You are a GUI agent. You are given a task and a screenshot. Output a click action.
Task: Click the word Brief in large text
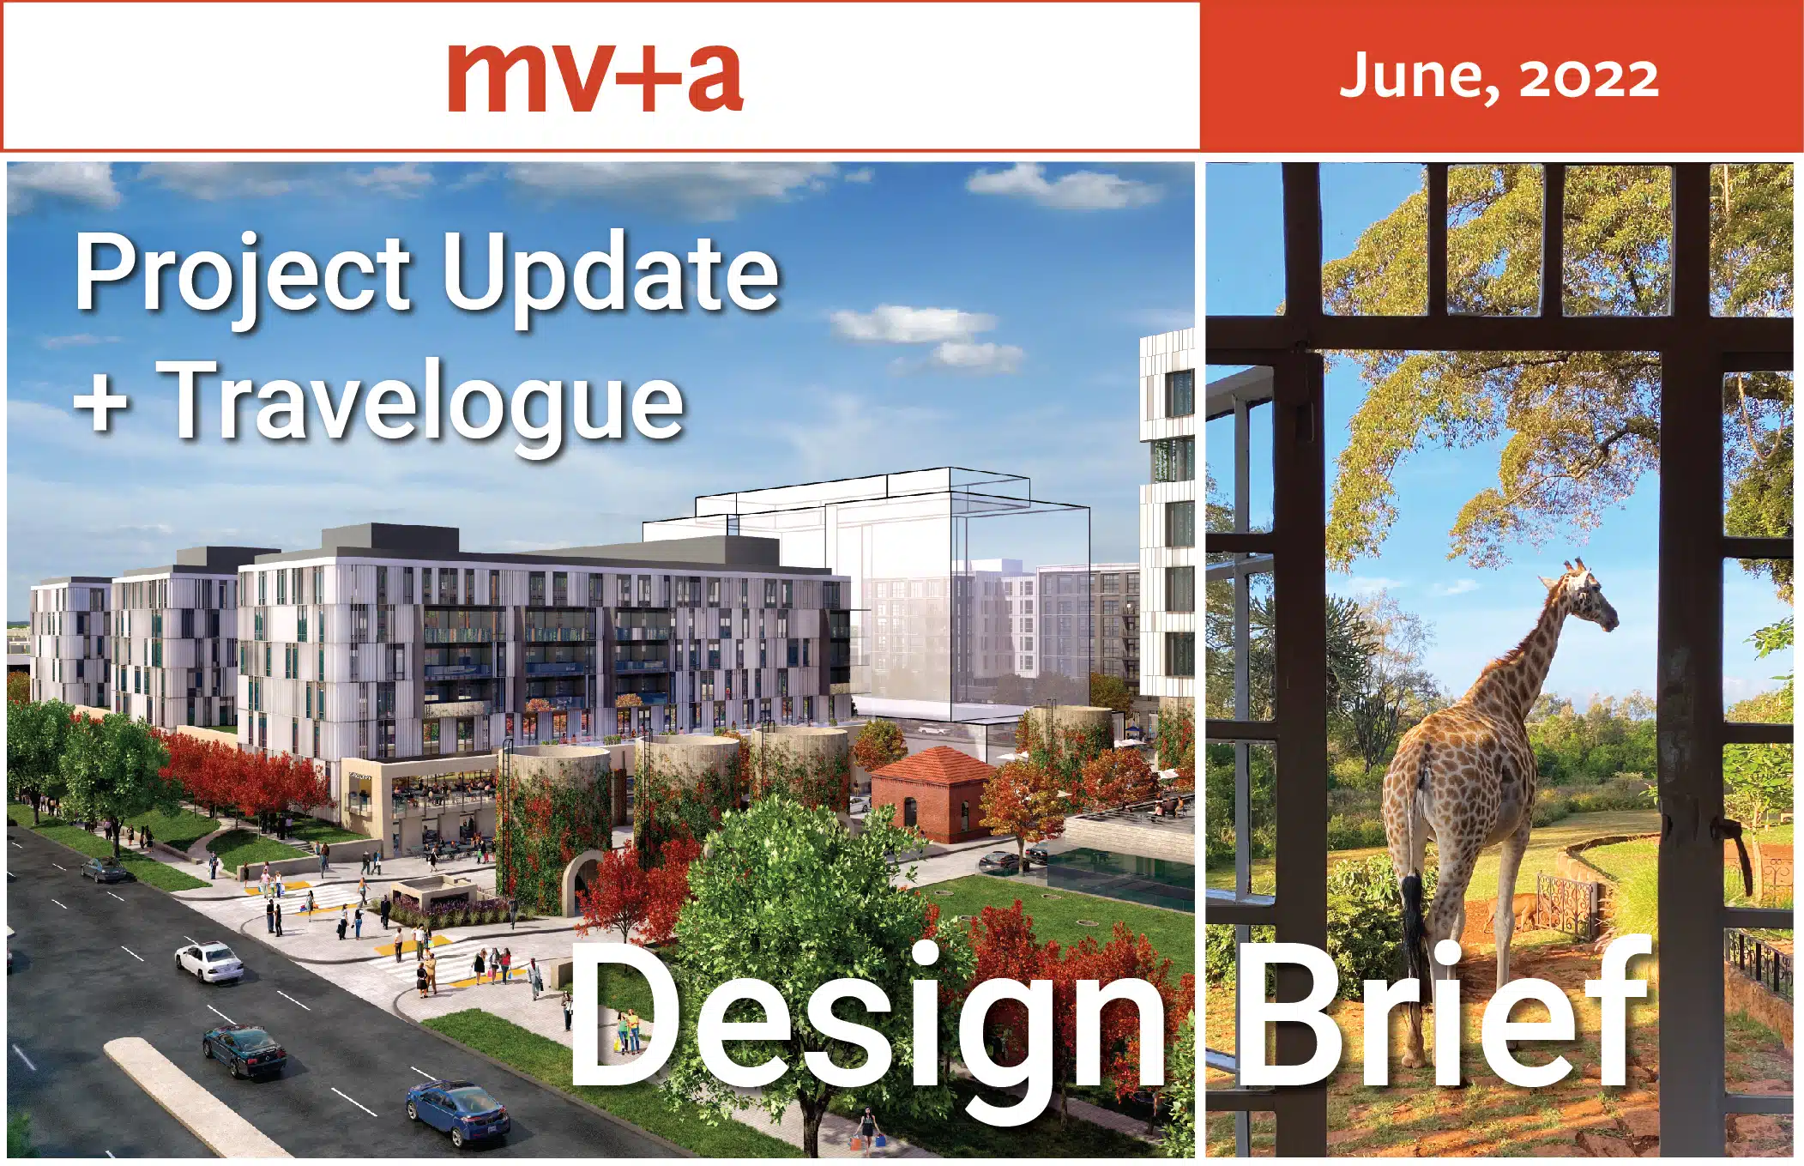pyautogui.click(x=1441, y=1017)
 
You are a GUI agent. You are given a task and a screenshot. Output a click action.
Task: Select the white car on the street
pyautogui.click(x=209, y=961)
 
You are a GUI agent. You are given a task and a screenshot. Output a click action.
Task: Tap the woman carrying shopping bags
pyautogui.click(x=868, y=1127)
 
